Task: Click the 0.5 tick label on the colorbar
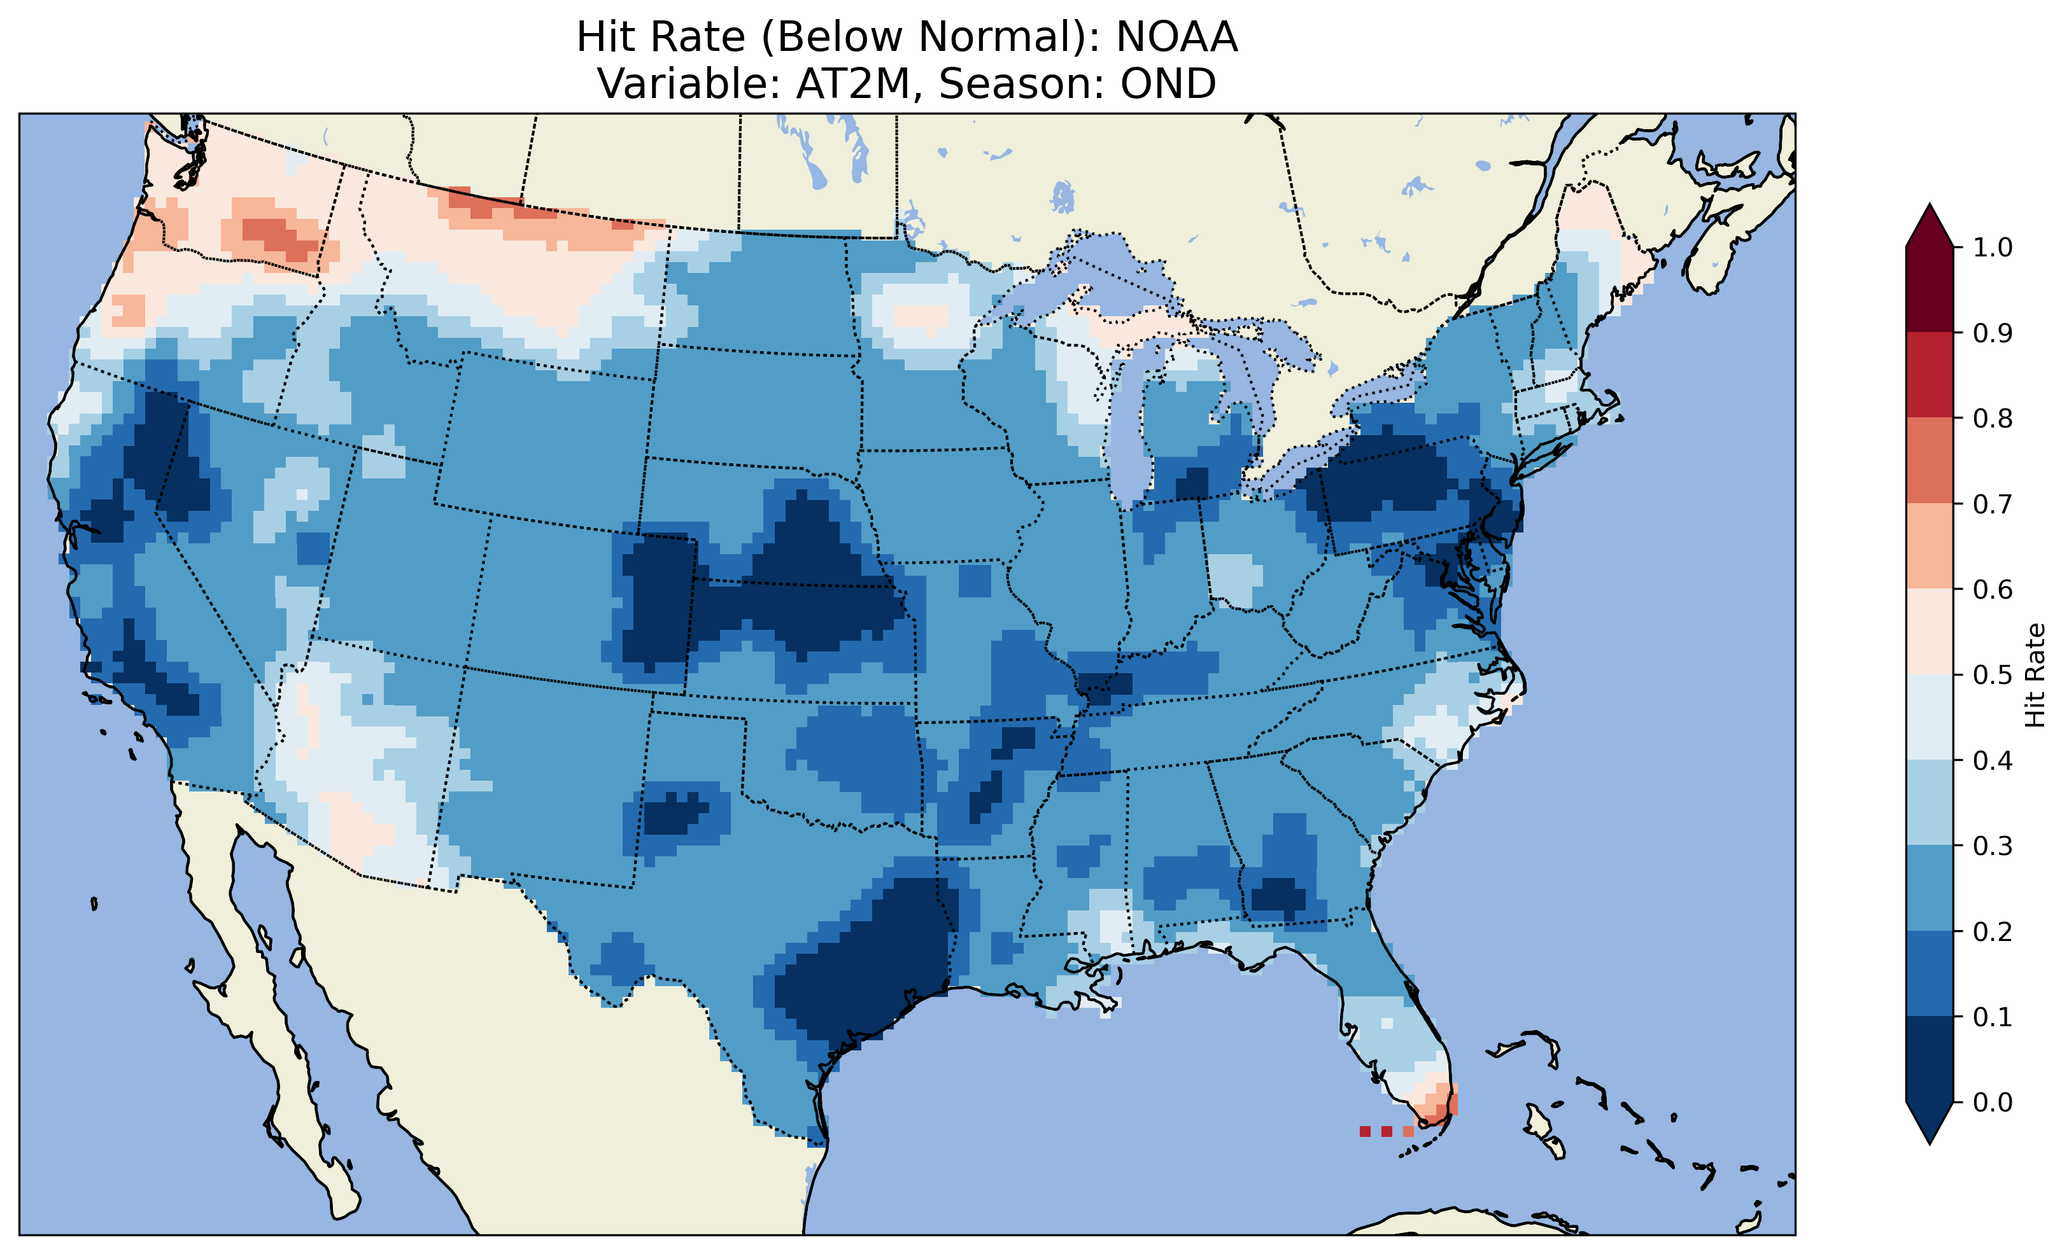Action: pos(1993,675)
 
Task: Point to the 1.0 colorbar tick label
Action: pos(1993,247)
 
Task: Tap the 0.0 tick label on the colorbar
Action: pos(1993,1102)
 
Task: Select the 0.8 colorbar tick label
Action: pos(1993,418)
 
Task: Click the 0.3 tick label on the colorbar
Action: pos(1993,846)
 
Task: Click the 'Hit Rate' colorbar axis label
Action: pos(2035,675)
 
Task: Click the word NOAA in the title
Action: pos(1176,38)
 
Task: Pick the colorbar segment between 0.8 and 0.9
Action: pos(1930,375)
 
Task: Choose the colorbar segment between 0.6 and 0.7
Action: pos(1930,546)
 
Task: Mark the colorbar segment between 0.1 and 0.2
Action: pos(1930,973)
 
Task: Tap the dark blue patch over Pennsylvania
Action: pos(1385,478)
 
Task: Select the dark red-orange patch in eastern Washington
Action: pos(281,235)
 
